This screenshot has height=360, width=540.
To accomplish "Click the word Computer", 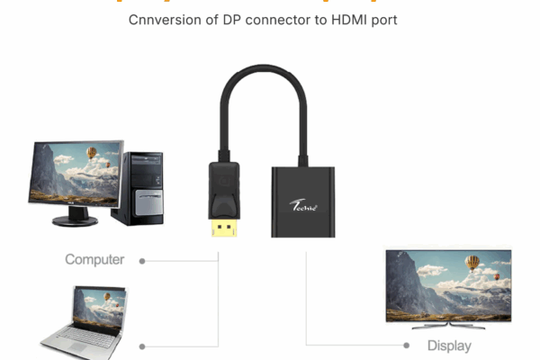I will click(94, 259).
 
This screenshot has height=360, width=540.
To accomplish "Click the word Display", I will click(449, 346).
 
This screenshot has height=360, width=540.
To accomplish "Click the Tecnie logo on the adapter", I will click(304, 204).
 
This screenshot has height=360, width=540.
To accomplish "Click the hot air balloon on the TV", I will click(472, 263).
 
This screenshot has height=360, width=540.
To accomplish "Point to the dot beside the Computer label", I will click(142, 260).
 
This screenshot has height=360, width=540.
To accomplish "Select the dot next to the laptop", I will click(142, 346).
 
